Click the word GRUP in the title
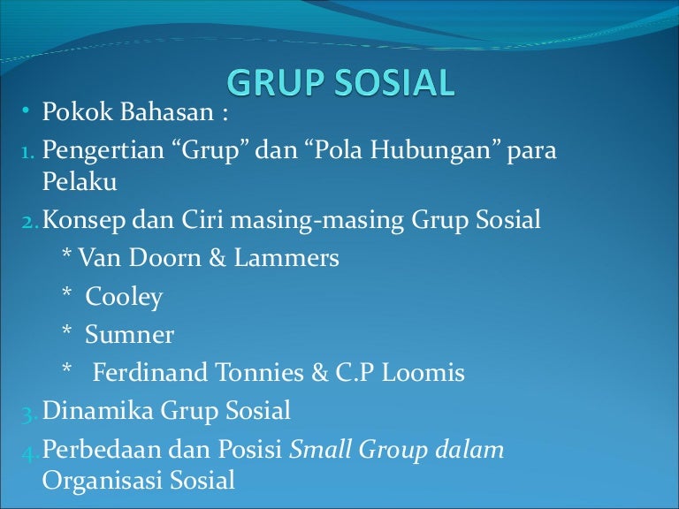[x=276, y=82]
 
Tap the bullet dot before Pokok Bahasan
[x=26, y=110]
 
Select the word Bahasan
[x=167, y=111]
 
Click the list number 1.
[x=27, y=152]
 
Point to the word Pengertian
[x=103, y=150]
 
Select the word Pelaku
[x=80, y=181]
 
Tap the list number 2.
[x=30, y=222]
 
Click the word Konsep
[x=84, y=220]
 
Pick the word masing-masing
[x=317, y=220]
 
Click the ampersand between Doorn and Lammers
[x=217, y=257]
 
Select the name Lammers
[x=286, y=257]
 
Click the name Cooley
[x=124, y=297]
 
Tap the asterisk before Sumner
[x=66, y=330]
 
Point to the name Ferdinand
[x=149, y=373]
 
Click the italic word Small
[x=320, y=449]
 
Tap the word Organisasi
[x=103, y=481]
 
